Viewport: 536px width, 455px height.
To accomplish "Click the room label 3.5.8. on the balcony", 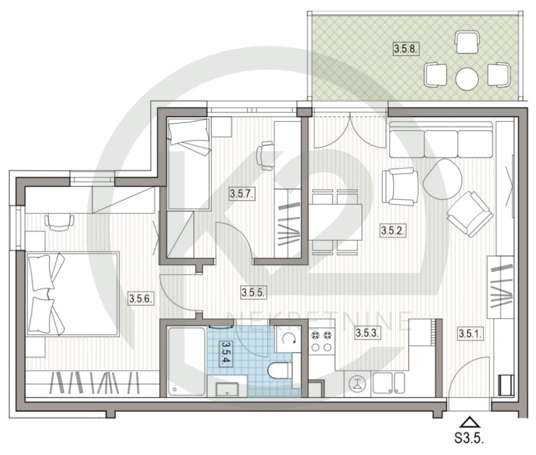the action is point(406,49).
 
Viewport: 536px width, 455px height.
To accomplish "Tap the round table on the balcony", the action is point(467,78).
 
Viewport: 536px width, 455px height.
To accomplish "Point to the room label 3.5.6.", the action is point(141,298).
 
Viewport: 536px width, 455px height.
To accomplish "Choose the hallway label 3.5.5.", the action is point(254,292).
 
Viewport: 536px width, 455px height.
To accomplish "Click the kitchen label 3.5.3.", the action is point(367,333).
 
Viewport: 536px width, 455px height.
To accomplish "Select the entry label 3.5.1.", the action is point(470,333).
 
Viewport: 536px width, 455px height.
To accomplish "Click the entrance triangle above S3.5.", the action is point(469,422).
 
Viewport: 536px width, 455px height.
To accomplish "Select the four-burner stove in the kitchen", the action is point(322,341).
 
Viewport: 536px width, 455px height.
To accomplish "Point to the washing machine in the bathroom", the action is point(288,339).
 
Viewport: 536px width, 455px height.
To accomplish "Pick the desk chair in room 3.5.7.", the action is point(265,156).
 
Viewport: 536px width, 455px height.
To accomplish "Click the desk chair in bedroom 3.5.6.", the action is point(59,222).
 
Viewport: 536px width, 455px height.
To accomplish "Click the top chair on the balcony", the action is point(467,42).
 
